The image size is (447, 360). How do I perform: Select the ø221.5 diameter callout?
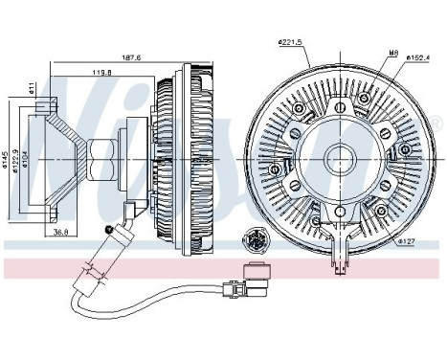tap(290, 41)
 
